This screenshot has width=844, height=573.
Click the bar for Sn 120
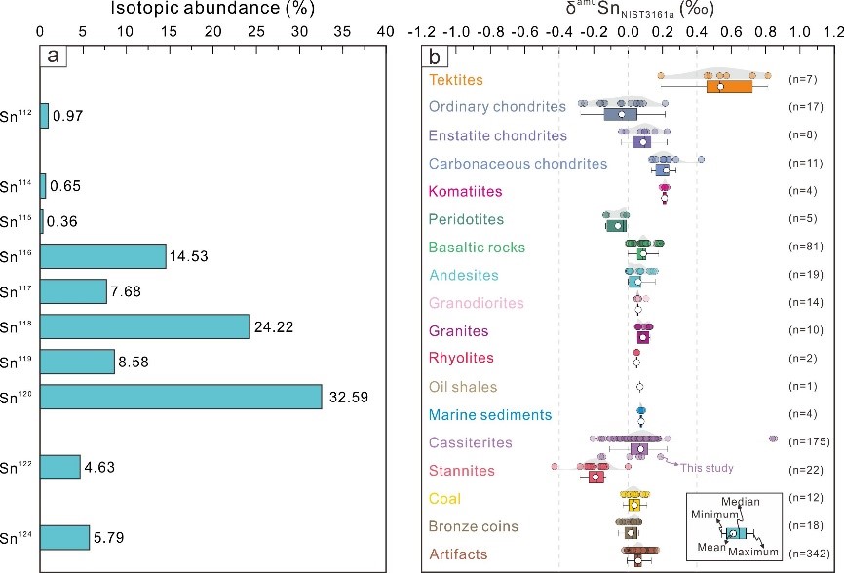[181, 397]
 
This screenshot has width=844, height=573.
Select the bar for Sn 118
[145, 326]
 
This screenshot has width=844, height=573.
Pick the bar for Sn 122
[60, 467]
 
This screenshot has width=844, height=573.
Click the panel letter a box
[54, 56]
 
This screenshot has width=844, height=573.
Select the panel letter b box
[438, 57]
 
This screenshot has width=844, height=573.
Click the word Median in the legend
[740, 502]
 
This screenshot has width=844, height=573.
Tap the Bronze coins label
[474, 527]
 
